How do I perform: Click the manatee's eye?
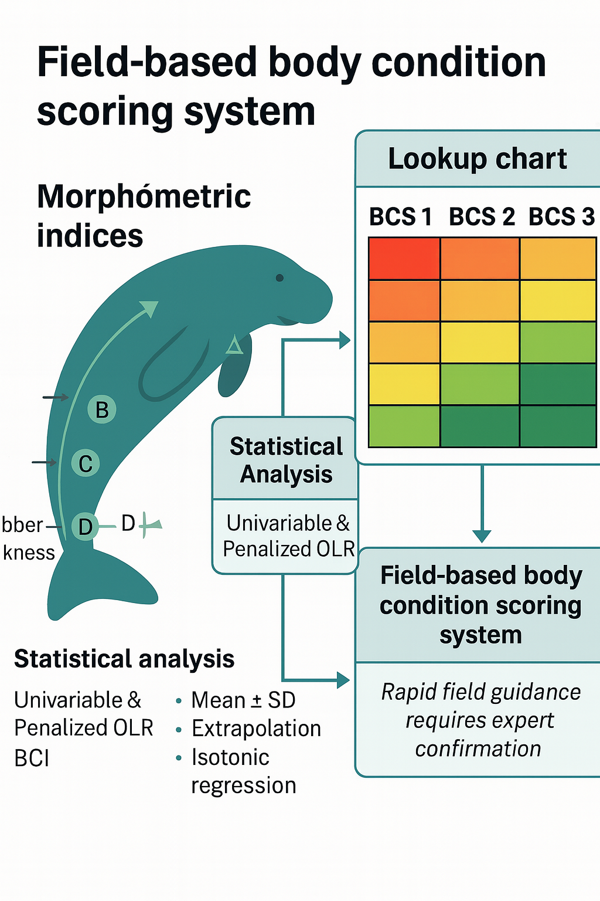[279, 277]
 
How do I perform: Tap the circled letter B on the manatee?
[102, 409]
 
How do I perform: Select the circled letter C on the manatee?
[86, 463]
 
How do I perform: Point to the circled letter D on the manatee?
[85, 526]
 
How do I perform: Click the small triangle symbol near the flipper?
[234, 346]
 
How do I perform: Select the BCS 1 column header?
[400, 217]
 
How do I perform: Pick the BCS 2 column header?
[481, 217]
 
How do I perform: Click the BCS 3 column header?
[561, 217]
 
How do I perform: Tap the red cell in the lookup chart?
[404, 258]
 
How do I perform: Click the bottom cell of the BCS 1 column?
[404, 426]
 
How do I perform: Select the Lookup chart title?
[478, 159]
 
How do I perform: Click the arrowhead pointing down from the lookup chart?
[482, 536]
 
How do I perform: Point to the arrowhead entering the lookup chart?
[345, 340]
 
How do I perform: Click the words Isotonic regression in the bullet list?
[243, 771]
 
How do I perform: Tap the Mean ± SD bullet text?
[243, 700]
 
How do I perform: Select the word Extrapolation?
[256, 729]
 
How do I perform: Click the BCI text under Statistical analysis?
[32, 758]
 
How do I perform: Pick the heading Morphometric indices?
[144, 215]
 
